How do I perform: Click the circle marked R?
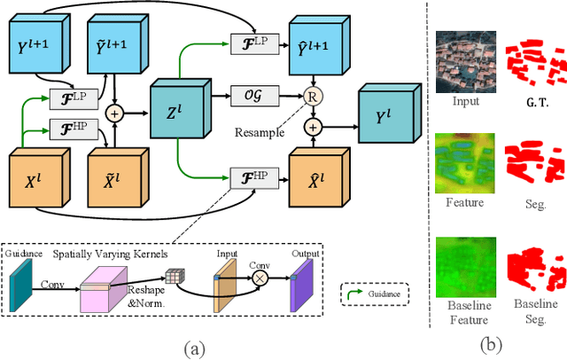pos(312,96)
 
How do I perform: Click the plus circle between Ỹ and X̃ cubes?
pos(113,113)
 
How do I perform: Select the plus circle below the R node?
pos(312,128)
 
